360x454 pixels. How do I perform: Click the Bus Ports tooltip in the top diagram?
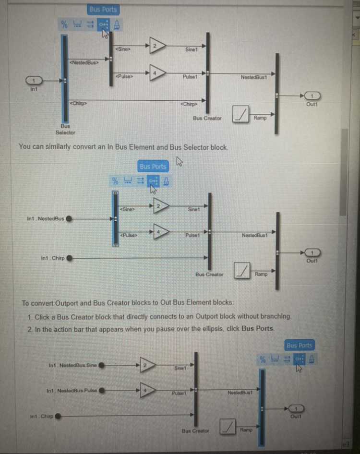(103, 9)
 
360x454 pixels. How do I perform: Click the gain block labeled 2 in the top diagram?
(156, 46)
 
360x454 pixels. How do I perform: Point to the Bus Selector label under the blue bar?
(65, 129)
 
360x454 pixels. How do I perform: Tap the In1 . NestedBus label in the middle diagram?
(46, 218)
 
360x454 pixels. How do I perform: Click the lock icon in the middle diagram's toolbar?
(166, 180)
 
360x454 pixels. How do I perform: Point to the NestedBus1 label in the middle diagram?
(254, 235)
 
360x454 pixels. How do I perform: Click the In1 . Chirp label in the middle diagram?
(53, 258)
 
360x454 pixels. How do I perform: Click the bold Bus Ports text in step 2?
(258, 329)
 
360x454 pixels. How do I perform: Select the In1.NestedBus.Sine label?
(72, 365)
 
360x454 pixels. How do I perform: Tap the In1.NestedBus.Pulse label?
(72, 391)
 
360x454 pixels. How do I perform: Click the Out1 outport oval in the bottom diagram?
(296, 408)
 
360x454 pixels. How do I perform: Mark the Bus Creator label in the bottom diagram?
(195, 430)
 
